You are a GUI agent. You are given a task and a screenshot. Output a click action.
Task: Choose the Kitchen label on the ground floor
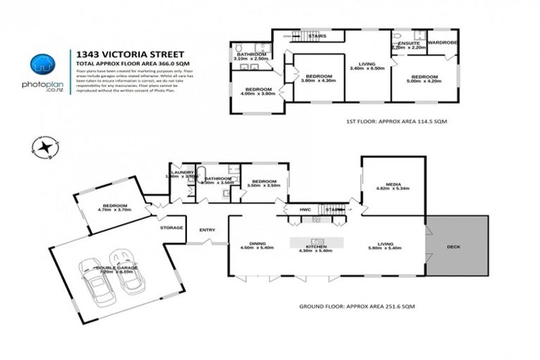315,247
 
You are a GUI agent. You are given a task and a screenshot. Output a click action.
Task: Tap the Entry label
207,230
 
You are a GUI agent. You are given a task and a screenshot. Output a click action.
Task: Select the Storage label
172,227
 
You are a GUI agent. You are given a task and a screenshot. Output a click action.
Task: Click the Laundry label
181,172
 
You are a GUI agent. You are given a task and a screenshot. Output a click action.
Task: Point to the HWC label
304,209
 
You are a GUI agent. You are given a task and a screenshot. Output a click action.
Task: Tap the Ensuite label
409,43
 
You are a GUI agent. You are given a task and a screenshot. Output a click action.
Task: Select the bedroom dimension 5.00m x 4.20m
424,82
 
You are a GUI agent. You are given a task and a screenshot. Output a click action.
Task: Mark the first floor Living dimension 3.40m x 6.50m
366,68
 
